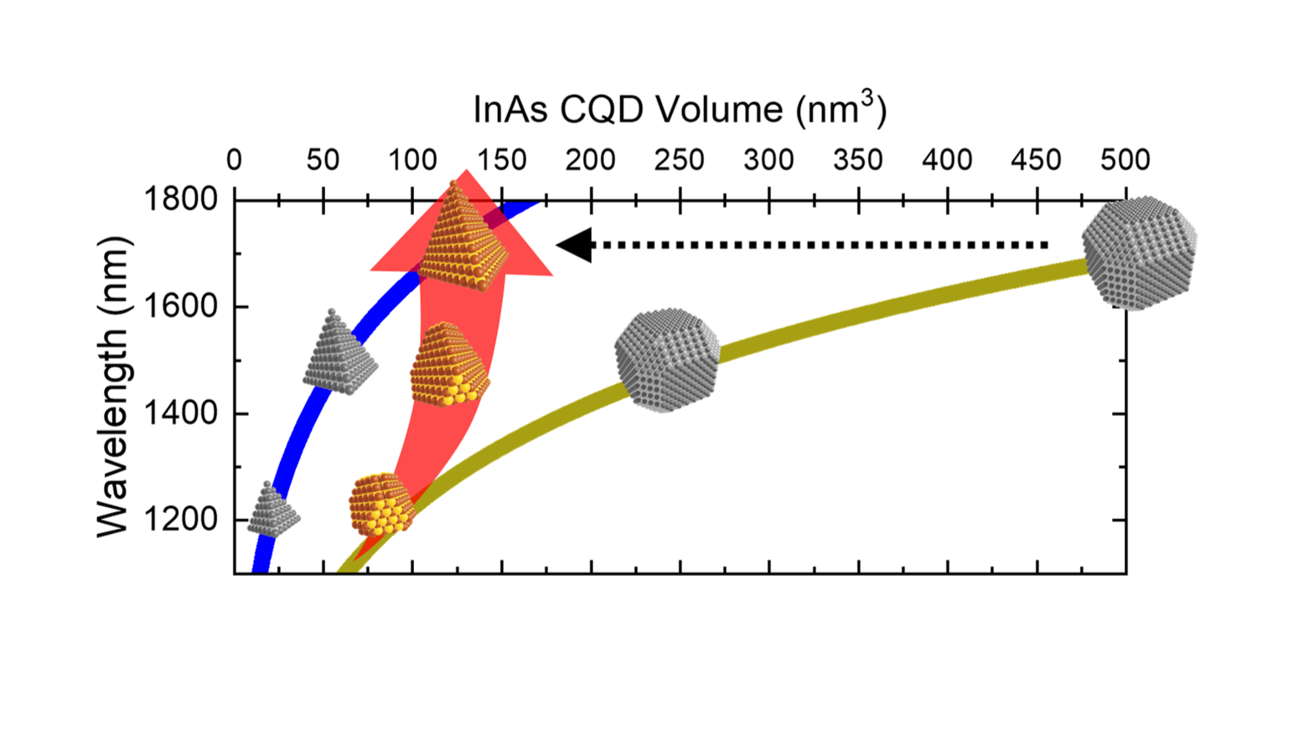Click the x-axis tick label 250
(x=679, y=159)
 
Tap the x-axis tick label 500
(x=1125, y=159)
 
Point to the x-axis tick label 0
(x=235, y=159)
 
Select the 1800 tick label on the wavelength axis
(x=181, y=200)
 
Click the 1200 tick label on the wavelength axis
(x=181, y=520)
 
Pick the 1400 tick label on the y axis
(x=181, y=413)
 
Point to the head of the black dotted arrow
(x=575, y=246)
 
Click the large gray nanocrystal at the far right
(x=1140, y=252)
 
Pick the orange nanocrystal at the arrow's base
(x=381, y=505)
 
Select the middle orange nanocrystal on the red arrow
(x=448, y=366)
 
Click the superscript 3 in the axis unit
(x=867, y=98)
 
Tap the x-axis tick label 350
(x=858, y=159)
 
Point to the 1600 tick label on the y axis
(x=181, y=307)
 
